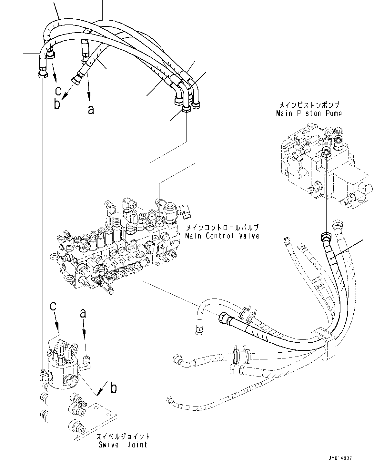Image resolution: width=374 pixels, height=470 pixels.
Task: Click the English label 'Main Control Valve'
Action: [222, 236]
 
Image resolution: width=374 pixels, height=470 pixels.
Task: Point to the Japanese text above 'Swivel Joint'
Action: [123, 437]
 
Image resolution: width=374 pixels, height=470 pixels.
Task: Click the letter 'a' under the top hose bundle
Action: [91, 110]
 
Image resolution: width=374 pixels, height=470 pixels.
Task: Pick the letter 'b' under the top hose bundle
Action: [57, 105]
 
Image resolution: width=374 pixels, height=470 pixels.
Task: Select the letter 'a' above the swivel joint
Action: [83, 313]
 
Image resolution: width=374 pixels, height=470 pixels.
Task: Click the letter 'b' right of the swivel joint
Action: [113, 388]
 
